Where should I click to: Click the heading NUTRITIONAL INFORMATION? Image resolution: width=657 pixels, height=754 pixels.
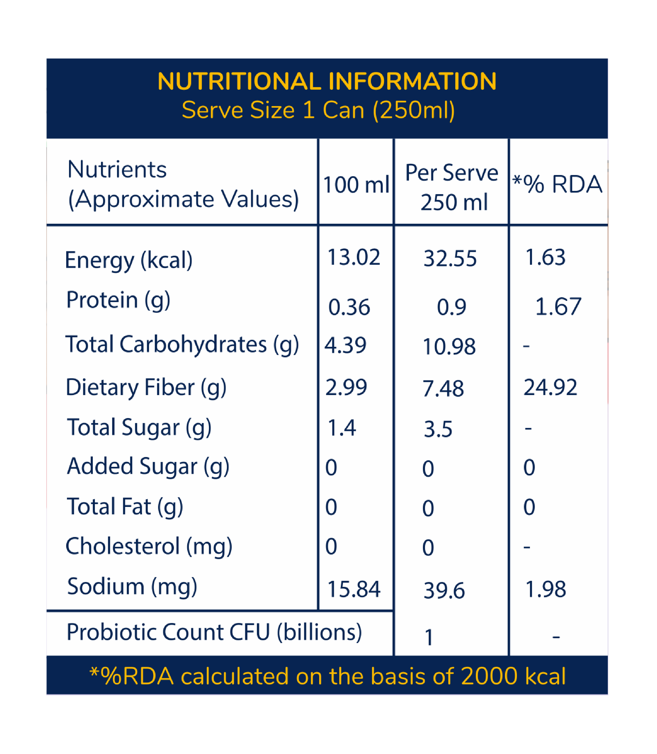point(327,81)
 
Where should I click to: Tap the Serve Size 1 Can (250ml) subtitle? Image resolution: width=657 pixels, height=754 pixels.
point(318,110)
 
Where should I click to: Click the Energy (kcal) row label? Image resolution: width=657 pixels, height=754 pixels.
point(129,260)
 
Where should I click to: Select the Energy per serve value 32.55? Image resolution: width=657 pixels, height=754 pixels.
point(450,258)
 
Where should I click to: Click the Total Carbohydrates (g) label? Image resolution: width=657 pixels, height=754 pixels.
point(182,344)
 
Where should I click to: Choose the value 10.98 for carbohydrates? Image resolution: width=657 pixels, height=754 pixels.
point(449,346)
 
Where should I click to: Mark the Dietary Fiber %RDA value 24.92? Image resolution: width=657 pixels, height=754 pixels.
point(550,387)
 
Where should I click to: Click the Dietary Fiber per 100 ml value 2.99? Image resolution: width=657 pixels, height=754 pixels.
point(346,387)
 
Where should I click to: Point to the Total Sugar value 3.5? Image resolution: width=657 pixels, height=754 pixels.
point(438,429)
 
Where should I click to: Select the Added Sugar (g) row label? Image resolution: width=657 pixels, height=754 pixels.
point(148,467)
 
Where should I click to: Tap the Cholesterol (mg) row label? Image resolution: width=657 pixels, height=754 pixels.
point(149,547)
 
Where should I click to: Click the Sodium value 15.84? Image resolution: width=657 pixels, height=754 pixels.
point(353,589)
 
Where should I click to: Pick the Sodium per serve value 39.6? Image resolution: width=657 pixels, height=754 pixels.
point(444,591)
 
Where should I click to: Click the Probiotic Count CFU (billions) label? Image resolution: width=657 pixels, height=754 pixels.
point(214,632)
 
